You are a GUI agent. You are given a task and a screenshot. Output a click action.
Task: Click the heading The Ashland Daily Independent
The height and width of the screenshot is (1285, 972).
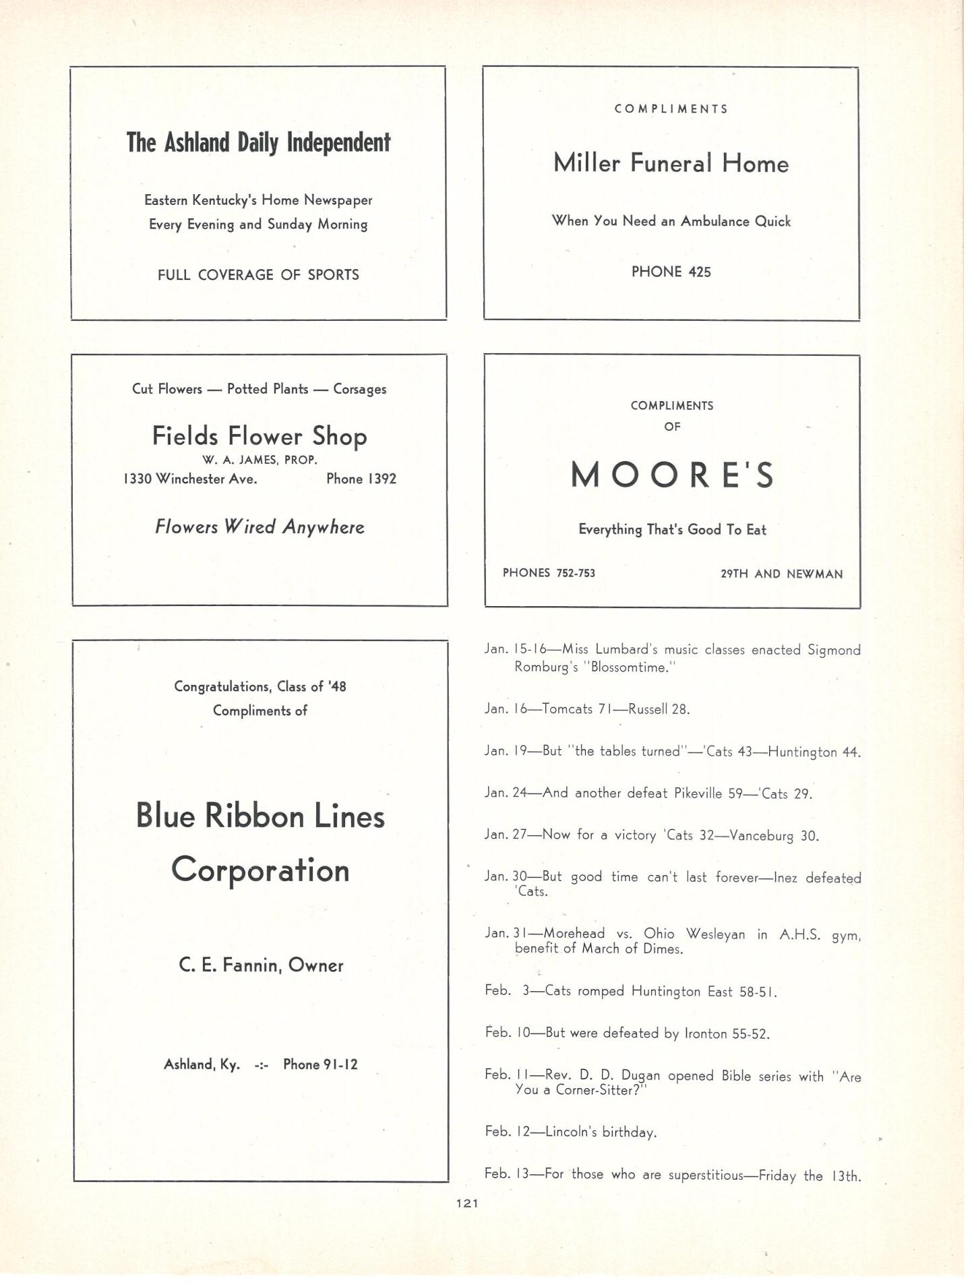click(x=258, y=143)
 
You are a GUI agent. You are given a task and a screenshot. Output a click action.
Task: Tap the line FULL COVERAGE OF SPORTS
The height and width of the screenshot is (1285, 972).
click(x=258, y=275)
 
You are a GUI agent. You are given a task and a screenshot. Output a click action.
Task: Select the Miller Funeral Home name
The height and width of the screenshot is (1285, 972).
click(x=671, y=164)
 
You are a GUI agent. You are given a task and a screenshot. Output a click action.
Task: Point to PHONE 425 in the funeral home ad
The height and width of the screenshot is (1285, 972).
click(x=671, y=272)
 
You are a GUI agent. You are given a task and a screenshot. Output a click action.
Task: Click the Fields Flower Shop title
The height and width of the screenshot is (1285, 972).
click(x=260, y=437)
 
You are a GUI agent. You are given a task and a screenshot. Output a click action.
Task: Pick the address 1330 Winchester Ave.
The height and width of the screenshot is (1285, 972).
click(x=190, y=479)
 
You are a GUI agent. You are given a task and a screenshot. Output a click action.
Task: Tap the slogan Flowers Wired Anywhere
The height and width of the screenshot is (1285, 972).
click(x=260, y=527)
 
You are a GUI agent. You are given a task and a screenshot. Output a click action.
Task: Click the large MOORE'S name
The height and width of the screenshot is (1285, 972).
click(x=672, y=475)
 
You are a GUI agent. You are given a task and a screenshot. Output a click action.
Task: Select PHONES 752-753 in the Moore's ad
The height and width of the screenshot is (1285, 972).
click(x=549, y=574)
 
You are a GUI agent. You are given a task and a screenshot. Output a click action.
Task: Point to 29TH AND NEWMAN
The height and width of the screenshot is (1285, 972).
click(x=781, y=574)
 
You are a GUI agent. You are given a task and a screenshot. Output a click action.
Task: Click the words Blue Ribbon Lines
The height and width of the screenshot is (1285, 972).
click(x=260, y=816)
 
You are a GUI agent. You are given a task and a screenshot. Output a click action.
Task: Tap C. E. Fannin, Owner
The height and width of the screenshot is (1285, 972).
click(x=261, y=966)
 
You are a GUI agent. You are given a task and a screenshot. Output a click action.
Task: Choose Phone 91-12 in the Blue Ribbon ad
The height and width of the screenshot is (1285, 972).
click(x=320, y=1065)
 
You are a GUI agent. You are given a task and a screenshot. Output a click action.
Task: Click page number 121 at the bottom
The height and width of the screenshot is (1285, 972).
click(x=467, y=1203)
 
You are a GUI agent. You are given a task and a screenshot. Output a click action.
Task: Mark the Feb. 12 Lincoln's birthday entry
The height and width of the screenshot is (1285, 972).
click(x=570, y=1132)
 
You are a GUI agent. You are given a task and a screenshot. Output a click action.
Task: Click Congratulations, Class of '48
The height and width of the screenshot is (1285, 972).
click(x=260, y=687)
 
